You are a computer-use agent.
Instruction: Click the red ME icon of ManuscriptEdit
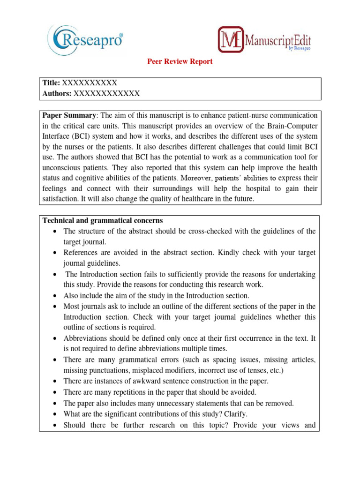coord(231,39)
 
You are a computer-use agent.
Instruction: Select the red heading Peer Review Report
coord(180,61)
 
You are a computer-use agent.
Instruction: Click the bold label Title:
coord(51,83)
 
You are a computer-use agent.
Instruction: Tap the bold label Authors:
coord(57,93)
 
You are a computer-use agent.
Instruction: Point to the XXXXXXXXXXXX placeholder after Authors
coord(106,93)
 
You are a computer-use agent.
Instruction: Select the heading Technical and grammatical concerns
coord(103,220)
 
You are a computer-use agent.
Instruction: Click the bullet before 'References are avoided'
coord(56,253)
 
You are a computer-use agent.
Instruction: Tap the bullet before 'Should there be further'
coord(56,426)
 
